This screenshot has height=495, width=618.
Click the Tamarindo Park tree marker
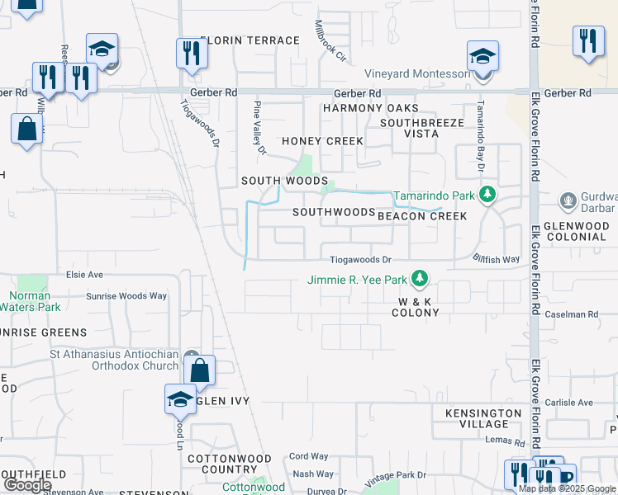pyautogui.click(x=487, y=196)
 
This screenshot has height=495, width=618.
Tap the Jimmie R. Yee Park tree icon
pyautogui.click(x=420, y=279)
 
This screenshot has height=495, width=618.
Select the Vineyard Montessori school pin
pyautogui.click(x=483, y=57)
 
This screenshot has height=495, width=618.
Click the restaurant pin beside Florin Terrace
pyautogui.click(x=191, y=54)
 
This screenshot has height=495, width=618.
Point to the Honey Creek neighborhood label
pyautogui.click(x=322, y=141)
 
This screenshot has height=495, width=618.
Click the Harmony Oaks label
pyautogui.click(x=370, y=109)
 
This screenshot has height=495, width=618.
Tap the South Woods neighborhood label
pyautogui.click(x=284, y=181)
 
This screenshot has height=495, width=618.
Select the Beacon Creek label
pyautogui.click(x=422, y=216)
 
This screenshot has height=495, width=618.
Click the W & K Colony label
pyautogui.click(x=416, y=307)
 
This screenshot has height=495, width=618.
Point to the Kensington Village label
pyautogui.click(x=483, y=418)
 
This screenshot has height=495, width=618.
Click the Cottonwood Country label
pyautogui.click(x=229, y=464)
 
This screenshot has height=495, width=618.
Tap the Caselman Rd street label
pyautogui.click(x=571, y=314)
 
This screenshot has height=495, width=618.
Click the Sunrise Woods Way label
pyautogui.click(x=126, y=295)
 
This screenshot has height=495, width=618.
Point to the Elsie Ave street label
pyautogui.click(x=84, y=274)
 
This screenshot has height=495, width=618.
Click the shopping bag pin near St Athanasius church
pyautogui.click(x=200, y=370)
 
